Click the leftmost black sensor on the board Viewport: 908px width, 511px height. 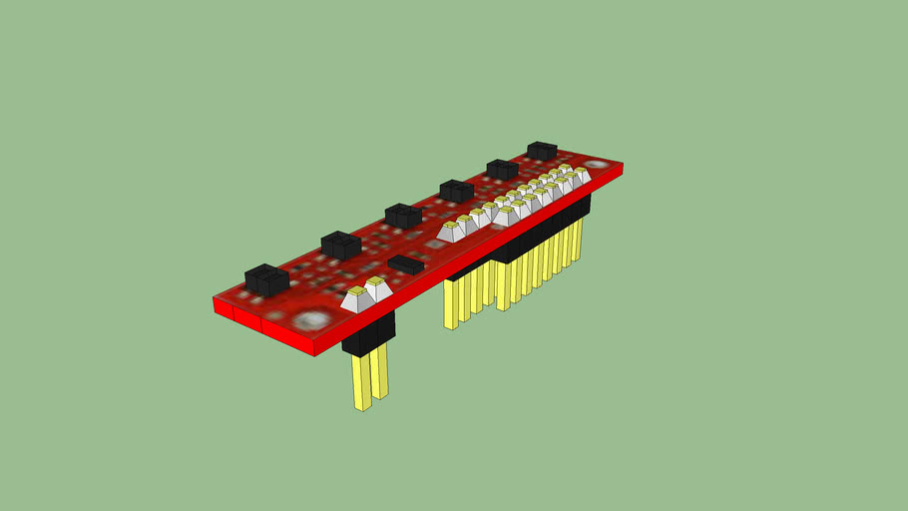tap(266, 279)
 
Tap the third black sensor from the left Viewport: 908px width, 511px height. tap(402, 215)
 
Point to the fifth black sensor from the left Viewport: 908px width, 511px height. tap(502, 169)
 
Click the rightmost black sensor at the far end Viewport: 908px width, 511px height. tap(542, 150)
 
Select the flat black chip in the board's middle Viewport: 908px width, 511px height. tap(404, 263)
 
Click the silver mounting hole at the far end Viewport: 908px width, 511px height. tap(596, 165)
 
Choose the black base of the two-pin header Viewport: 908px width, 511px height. tap(369, 334)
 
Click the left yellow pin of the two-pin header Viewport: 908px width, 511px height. tap(360, 383)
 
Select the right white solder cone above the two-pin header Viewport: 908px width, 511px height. tap(375, 290)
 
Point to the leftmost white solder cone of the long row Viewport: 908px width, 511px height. tap(450, 233)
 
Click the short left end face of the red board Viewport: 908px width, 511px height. tap(223, 306)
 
